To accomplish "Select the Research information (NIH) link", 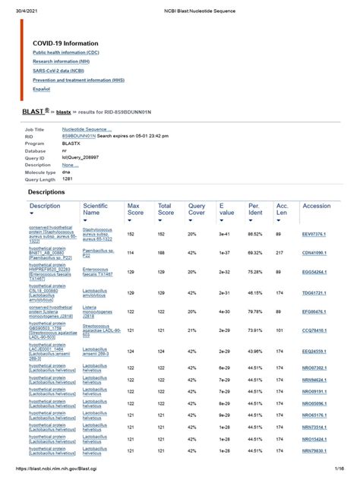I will coord(58,63).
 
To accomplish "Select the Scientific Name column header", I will coord(96,210).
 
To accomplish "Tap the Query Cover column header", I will coord(197,210).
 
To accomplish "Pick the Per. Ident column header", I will coord(255,210).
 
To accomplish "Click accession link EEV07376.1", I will coord(314,234).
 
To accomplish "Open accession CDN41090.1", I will coord(314,251).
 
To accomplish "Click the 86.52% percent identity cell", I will coord(255,234).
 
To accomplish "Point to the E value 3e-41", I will coord(225,234).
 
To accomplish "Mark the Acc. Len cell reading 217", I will coord(279,251).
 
